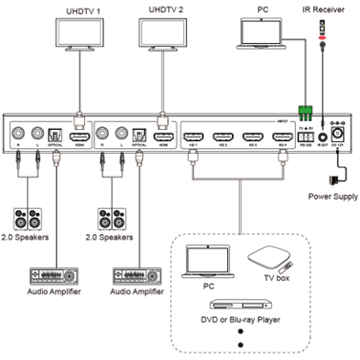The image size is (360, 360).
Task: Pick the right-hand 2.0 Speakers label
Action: click(x=115, y=235)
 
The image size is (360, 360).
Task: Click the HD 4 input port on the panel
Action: click(x=284, y=138)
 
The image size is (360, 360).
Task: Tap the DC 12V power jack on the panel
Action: click(x=335, y=138)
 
